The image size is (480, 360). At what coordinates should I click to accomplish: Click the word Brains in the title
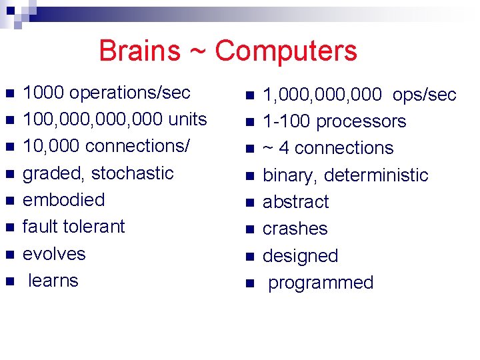click(139, 51)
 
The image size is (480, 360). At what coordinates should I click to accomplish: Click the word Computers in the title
click(286, 51)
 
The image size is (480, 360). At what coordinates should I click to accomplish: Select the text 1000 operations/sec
click(107, 93)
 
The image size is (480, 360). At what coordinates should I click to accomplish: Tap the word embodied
click(63, 200)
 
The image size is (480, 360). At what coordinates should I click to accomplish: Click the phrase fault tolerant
click(73, 227)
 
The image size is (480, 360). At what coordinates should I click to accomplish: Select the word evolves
click(54, 254)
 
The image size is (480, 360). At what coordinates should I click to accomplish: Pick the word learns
click(53, 281)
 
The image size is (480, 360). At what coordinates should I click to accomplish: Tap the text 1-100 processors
click(334, 122)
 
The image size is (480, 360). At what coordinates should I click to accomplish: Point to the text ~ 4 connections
click(328, 149)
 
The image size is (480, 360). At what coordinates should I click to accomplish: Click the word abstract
click(295, 202)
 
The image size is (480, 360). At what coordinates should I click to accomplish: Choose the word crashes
click(295, 229)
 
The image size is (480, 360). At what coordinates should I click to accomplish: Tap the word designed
click(300, 256)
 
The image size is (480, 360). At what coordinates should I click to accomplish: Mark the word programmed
click(320, 283)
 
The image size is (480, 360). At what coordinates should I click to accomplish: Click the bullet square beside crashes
click(249, 230)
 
